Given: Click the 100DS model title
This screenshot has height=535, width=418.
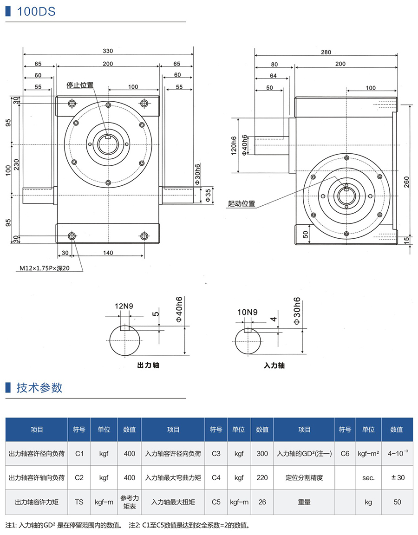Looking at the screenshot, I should click(x=36, y=12).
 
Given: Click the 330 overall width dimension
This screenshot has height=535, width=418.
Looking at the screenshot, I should click(x=108, y=51).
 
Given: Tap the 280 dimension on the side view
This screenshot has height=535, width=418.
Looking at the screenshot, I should click(x=326, y=52).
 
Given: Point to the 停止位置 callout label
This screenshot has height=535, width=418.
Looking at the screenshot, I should click(x=80, y=85).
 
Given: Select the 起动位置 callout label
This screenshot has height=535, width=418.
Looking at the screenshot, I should click(x=242, y=203).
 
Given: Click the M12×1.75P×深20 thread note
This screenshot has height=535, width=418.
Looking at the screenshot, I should click(x=44, y=268).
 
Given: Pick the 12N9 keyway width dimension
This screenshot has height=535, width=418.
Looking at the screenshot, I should click(x=124, y=306).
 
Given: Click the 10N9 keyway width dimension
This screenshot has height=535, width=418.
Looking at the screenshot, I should click(x=247, y=312).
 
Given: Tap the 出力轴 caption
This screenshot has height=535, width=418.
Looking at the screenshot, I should click(x=149, y=365).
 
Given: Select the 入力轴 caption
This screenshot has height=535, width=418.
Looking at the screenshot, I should click(x=274, y=365).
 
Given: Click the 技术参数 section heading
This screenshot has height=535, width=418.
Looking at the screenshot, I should click(x=39, y=388).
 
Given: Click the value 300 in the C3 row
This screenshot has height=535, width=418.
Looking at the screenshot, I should click(x=262, y=453).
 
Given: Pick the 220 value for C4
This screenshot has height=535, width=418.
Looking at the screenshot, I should click(x=262, y=477).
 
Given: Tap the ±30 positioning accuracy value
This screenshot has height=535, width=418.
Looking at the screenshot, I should click(x=397, y=477).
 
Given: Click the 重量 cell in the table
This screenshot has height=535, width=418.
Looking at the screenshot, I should click(x=304, y=502).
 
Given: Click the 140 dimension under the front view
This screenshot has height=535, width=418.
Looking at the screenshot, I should click(x=107, y=253).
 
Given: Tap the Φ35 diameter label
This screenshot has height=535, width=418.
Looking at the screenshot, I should click(x=208, y=195).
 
